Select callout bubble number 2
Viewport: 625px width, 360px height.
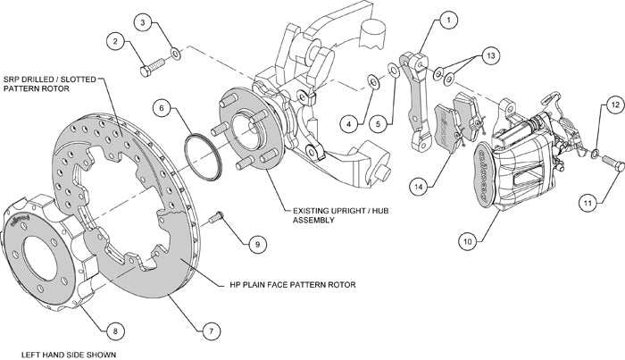(116, 40)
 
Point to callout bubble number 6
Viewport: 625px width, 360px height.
(161, 108)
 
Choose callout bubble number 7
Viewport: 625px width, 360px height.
(211, 331)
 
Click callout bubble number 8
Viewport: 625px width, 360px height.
(112, 331)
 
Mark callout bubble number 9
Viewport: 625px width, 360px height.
(254, 242)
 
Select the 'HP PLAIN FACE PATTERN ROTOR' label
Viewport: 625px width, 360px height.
(287, 285)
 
